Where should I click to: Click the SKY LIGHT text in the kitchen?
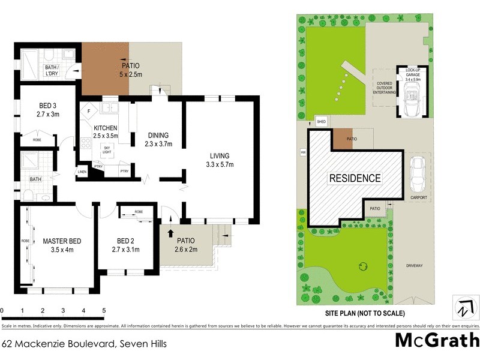point(107,149)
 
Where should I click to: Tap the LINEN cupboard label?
point(82,173)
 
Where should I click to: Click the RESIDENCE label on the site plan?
point(354,178)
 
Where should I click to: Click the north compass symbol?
point(463,307)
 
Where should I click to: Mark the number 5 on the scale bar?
point(104,311)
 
